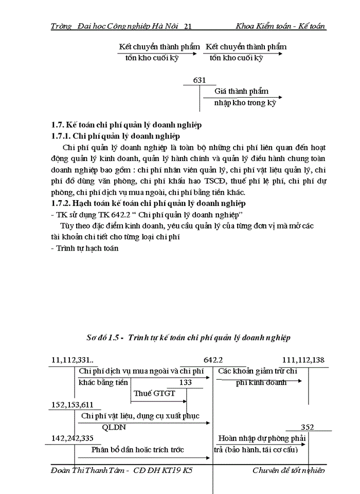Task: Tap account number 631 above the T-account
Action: pyautogui.click(x=200, y=80)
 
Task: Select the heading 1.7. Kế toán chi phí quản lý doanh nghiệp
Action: pyautogui.click(x=126, y=125)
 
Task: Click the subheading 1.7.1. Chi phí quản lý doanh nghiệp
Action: pyautogui.click(x=115, y=136)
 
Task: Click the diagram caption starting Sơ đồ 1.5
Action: pyautogui.click(x=188, y=338)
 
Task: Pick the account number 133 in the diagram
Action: pyautogui.click(x=186, y=382)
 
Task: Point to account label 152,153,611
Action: pyautogui.click(x=72, y=405)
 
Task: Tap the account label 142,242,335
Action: pyautogui.click(x=72, y=438)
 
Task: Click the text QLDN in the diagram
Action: pyautogui.click(x=114, y=427)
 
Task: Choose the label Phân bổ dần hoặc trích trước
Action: pyautogui.click(x=137, y=449)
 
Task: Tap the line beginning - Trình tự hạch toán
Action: pyautogui.click(x=85, y=248)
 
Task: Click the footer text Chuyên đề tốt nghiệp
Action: pyautogui.click(x=289, y=470)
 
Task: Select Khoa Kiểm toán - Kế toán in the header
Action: pyautogui.click(x=281, y=26)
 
